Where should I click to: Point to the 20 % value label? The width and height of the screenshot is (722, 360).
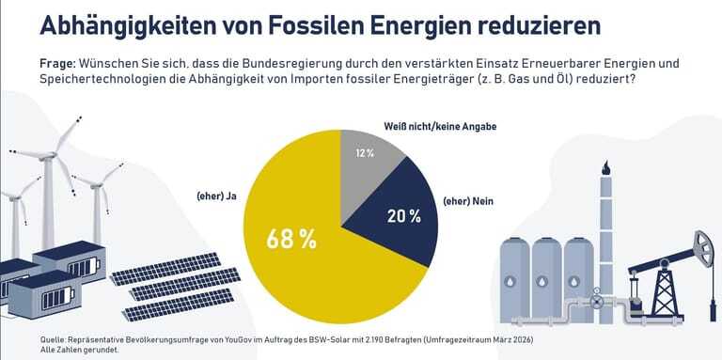click(x=402, y=215)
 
